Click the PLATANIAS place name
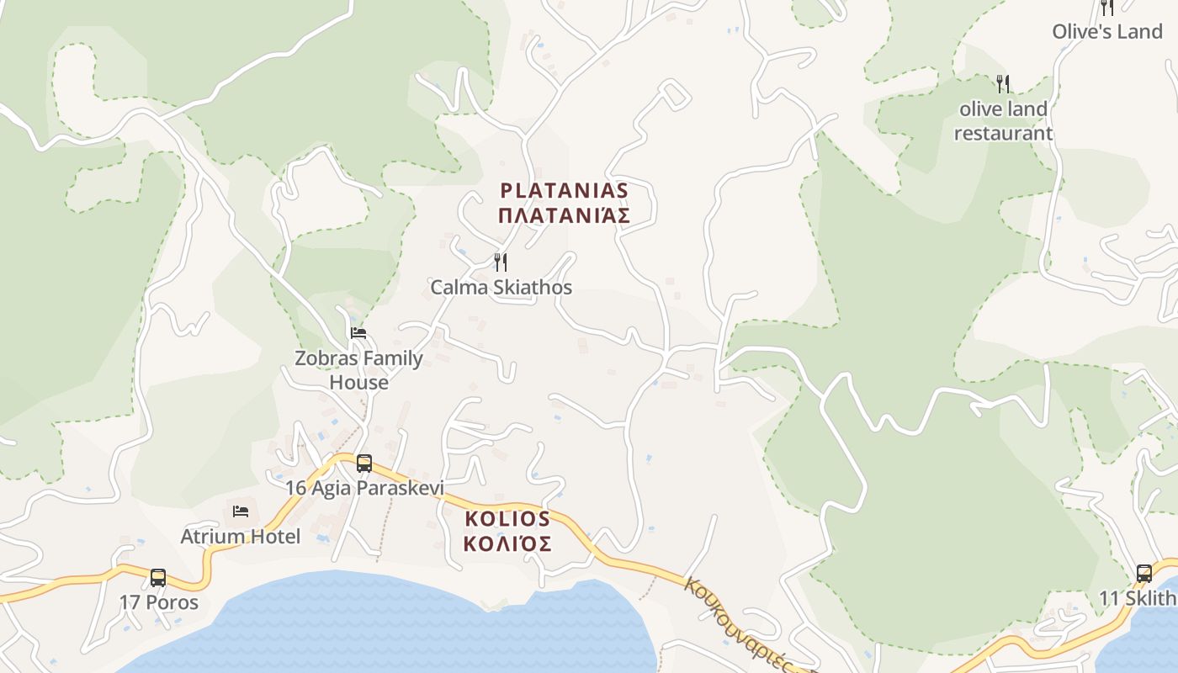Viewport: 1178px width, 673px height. [x=564, y=190]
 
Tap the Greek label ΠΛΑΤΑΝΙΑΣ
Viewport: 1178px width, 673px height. [x=564, y=216]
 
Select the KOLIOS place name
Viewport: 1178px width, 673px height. [x=507, y=518]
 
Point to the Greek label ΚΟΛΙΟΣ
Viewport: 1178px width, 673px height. [x=507, y=543]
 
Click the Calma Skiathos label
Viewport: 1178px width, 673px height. [x=501, y=287]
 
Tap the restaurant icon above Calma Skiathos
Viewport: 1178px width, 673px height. [x=501, y=262]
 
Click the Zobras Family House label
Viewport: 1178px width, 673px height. [x=358, y=369]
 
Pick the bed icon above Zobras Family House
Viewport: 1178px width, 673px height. [x=358, y=333]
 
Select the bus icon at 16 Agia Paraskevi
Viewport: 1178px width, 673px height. [x=364, y=463]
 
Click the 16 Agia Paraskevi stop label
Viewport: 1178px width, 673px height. [x=364, y=488]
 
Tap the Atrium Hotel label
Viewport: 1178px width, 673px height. [x=241, y=536]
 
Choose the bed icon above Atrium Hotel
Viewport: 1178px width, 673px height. [x=241, y=511]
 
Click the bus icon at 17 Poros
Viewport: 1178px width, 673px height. [x=158, y=577]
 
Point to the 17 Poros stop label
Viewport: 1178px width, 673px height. [x=159, y=602]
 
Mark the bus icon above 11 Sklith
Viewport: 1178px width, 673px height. [x=1144, y=573]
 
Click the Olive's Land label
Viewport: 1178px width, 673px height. [x=1107, y=32]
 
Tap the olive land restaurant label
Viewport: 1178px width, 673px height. [x=1003, y=120]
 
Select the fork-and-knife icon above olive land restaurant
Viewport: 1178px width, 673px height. [x=1003, y=83]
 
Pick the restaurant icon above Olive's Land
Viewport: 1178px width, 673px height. [x=1107, y=8]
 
